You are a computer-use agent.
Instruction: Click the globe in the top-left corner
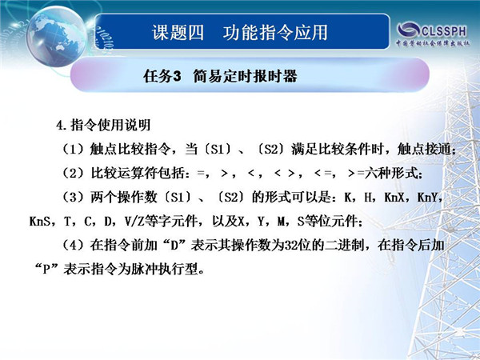(57, 36)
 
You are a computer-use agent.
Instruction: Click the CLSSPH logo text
(444, 31)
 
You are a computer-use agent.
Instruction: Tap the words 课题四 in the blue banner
(178, 33)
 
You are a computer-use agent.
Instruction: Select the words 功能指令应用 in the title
(275, 33)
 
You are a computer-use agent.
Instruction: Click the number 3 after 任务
(178, 76)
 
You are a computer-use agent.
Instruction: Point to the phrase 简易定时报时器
(245, 76)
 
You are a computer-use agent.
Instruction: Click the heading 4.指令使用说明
(103, 125)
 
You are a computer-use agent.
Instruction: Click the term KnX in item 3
(394, 198)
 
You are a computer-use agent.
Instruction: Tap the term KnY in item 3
(427, 198)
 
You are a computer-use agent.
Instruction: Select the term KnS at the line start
(40, 222)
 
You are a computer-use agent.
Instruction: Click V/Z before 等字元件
(134, 222)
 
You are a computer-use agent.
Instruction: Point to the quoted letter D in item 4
(174, 246)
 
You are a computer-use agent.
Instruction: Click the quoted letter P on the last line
(46, 270)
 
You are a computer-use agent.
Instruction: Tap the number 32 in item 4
(291, 246)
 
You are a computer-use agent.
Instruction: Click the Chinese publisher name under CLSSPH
(433, 43)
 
